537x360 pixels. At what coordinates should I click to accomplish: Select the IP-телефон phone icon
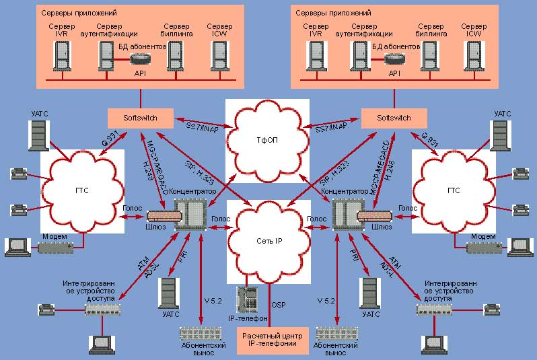(248, 298)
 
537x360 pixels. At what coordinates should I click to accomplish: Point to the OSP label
(278, 305)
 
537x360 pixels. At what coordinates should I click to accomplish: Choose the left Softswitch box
(140, 118)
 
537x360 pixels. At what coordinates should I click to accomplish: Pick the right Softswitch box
(394, 118)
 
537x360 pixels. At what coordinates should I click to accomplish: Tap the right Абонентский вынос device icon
(335, 333)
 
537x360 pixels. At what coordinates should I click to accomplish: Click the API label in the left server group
(140, 73)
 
